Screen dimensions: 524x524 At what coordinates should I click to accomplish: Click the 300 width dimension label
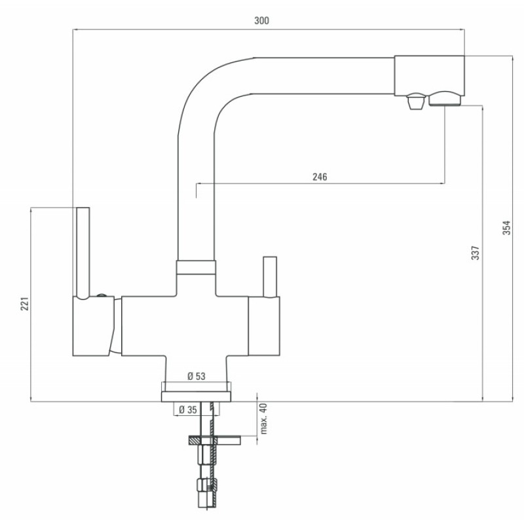tap(261, 21)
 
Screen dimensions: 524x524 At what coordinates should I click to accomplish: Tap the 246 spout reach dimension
tap(320, 177)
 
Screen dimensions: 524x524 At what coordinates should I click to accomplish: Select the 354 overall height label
tap(506, 227)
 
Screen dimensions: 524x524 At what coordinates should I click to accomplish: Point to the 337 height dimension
tap(476, 253)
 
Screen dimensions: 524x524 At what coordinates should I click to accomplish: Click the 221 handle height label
tap(25, 303)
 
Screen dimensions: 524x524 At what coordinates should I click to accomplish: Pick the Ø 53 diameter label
tap(196, 376)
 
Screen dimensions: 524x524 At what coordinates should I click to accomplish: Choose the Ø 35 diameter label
tap(188, 410)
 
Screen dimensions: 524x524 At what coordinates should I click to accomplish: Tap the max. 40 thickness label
tap(264, 419)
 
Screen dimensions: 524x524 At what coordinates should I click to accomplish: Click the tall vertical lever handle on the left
tap(83, 252)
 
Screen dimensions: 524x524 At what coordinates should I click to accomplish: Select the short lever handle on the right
tap(270, 276)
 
